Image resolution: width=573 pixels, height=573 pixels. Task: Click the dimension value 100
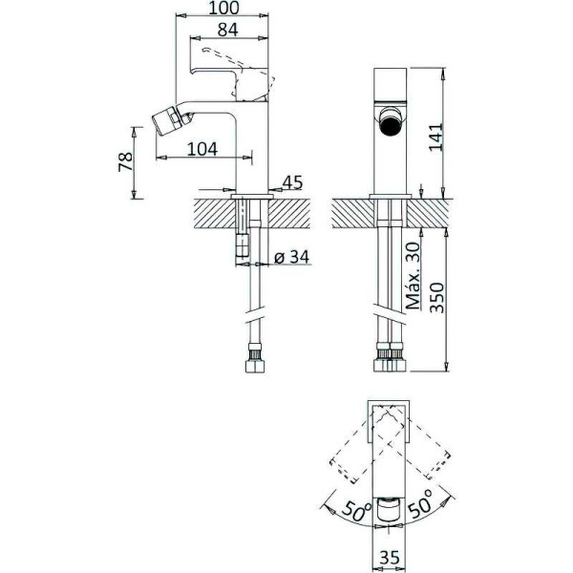[x=223, y=8]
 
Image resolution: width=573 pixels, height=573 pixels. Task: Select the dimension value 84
[x=227, y=30]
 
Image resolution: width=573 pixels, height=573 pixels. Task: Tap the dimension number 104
[x=202, y=149]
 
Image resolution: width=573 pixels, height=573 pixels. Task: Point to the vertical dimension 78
[x=125, y=161]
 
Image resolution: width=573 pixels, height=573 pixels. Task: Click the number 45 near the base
[x=293, y=182]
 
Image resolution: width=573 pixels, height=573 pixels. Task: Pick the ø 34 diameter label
[x=291, y=257]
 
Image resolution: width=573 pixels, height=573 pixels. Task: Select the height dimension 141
[x=435, y=137]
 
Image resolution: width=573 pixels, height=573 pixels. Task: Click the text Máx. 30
[x=414, y=276]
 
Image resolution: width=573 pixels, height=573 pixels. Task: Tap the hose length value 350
[x=436, y=298]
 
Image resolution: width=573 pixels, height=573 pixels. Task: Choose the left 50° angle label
[x=356, y=512]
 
